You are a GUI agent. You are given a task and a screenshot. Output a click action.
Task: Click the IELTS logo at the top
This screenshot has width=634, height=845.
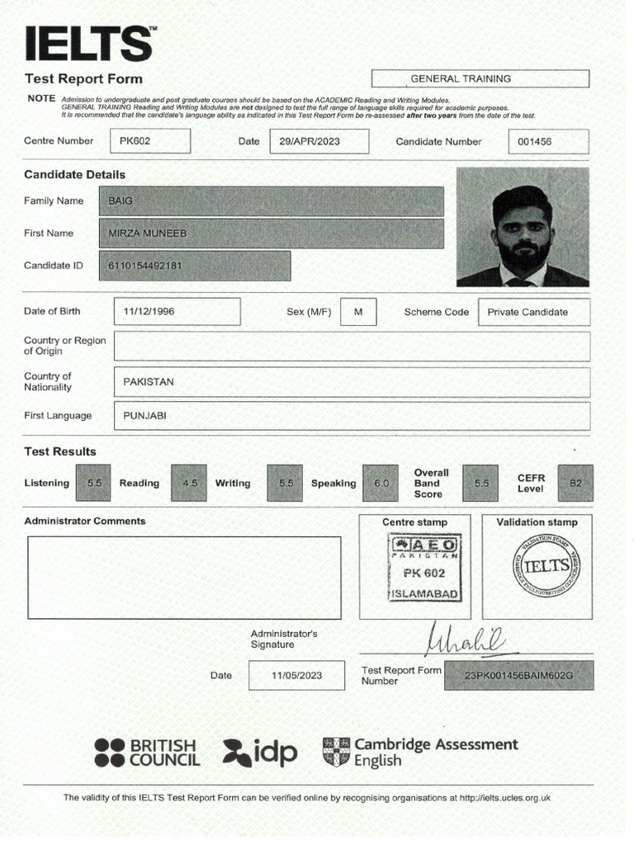click(88, 43)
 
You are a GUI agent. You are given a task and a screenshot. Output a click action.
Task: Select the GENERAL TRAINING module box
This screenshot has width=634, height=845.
click(480, 79)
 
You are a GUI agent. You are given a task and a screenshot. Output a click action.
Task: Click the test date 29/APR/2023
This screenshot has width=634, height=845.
click(310, 141)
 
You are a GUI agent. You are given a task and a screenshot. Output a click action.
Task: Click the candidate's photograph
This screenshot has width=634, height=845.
click(523, 227)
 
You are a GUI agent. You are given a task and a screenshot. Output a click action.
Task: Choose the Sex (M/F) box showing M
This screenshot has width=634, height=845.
click(358, 312)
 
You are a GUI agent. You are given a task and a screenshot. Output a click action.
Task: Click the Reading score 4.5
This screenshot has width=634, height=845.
click(190, 484)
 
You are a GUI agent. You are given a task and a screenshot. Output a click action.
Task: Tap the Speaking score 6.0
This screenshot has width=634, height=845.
click(381, 484)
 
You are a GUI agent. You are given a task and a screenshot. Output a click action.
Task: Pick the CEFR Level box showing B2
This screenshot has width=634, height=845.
click(575, 484)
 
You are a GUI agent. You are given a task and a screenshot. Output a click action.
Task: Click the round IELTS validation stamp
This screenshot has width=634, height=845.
click(546, 567)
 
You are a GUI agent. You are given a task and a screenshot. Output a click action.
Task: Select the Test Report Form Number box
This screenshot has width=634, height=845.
click(518, 675)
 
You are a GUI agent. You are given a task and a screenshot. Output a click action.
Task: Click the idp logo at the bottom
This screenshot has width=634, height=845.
click(260, 751)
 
